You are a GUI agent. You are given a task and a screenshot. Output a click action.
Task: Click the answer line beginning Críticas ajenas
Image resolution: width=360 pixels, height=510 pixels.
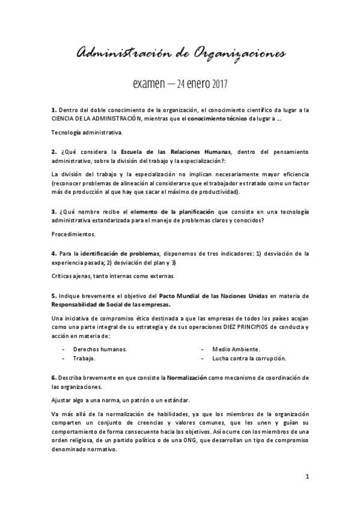pos(113,276)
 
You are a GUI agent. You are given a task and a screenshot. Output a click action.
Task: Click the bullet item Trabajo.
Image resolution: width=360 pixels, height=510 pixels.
pos(84,358)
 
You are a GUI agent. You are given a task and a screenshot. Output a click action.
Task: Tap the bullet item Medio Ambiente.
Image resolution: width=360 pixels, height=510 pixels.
pos(236,349)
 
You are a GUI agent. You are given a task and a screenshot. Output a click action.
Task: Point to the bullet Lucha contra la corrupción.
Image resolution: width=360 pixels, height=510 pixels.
pos(249,358)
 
